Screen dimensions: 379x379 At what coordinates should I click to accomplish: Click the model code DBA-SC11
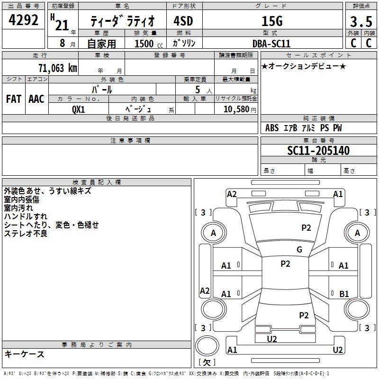coord(271,44)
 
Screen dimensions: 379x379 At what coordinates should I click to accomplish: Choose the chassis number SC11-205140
coord(318,151)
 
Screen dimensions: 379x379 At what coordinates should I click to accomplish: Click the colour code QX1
coord(79,108)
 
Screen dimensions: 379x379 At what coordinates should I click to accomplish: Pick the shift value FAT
coord(14,99)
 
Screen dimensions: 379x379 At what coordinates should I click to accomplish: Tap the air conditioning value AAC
coord(36,99)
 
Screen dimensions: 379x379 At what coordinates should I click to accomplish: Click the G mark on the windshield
coord(299,250)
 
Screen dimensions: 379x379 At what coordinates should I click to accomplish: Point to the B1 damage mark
coord(344,294)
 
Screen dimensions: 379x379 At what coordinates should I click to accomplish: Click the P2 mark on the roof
coord(285,264)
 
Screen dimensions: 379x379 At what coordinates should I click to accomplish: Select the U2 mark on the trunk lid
coord(272,339)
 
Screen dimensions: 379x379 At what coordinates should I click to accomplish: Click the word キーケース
coord(24,354)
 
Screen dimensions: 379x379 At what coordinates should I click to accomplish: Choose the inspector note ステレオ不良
coord(26,234)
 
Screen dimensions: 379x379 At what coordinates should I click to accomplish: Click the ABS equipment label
coord(272,128)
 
